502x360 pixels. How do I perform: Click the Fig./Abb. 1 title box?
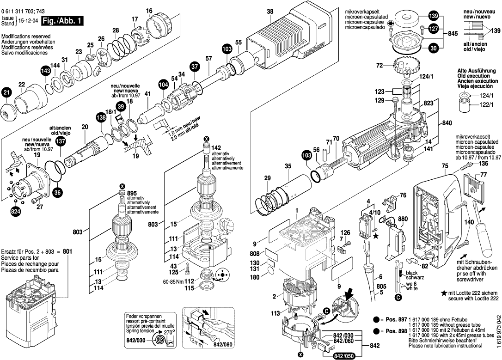click(62, 21)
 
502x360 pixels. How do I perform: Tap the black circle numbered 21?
click(6, 93)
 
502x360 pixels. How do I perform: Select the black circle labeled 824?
click(16, 212)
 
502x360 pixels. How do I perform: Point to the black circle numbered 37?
click(195, 67)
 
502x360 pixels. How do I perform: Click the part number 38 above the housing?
click(270, 12)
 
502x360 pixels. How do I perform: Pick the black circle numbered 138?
click(101, 118)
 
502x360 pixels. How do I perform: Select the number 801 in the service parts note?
click(68, 251)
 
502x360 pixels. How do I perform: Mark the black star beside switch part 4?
click(376, 236)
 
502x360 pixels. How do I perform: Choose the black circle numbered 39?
click(121, 107)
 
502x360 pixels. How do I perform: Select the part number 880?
click(403, 219)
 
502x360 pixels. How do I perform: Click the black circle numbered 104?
click(163, 85)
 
